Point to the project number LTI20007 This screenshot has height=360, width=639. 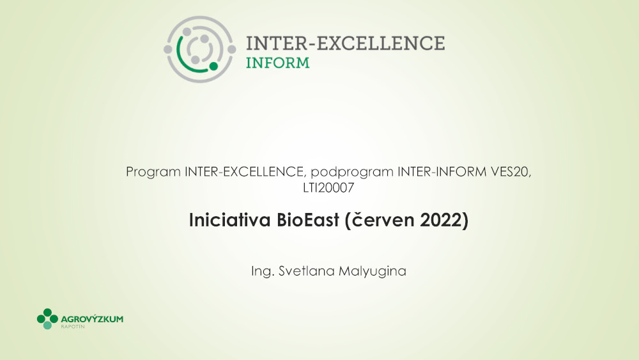coord(328,188)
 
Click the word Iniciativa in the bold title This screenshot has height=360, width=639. coord(230,220)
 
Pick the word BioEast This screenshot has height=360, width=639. coord(308,220)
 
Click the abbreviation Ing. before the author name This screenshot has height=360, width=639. coord(262,272)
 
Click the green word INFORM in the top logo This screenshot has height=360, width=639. coord(277,63)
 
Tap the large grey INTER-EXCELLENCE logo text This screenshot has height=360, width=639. coord(345,43)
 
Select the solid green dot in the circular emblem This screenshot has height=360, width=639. coord(213,66)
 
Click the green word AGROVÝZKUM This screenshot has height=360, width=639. coord(92,319)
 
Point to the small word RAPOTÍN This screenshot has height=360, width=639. coord(73,327)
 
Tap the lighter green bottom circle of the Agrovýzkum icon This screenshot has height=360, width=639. coord(47,325)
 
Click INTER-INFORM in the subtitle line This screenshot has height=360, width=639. coord(442,171)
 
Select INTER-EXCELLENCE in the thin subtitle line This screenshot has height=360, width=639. coord(243,171)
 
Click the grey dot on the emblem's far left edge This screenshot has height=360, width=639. coord(168,49)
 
